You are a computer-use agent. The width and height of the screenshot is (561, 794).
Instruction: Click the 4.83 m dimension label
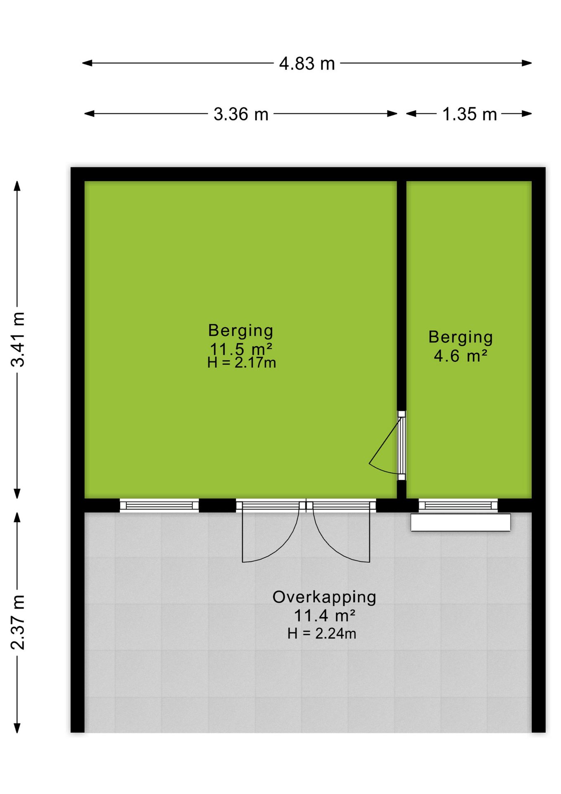307,64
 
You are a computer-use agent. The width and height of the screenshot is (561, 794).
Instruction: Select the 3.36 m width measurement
241,114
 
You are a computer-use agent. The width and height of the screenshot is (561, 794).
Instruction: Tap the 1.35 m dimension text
469,114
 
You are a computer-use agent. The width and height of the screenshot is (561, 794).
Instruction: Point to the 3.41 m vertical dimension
18,340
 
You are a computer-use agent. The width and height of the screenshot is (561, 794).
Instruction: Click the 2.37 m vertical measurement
18,622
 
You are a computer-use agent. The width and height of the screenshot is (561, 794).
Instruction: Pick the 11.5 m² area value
241,348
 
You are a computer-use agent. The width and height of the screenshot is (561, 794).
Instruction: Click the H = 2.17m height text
242,363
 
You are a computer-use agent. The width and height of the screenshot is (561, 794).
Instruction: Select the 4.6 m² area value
461,355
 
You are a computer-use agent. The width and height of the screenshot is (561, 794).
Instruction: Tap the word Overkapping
324,598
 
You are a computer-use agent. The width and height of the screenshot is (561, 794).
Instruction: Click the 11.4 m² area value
325,616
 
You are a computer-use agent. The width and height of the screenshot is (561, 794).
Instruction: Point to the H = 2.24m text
322,634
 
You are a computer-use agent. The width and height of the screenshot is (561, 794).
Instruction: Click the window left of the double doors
159,505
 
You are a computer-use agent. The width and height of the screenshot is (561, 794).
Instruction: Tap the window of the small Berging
458,505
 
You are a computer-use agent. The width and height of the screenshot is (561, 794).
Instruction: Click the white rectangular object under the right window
461,522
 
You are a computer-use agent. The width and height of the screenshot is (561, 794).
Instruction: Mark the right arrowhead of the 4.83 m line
527,63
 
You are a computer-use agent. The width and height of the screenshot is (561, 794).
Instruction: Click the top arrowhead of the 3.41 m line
17,186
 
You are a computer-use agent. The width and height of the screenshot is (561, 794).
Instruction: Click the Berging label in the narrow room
461,337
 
